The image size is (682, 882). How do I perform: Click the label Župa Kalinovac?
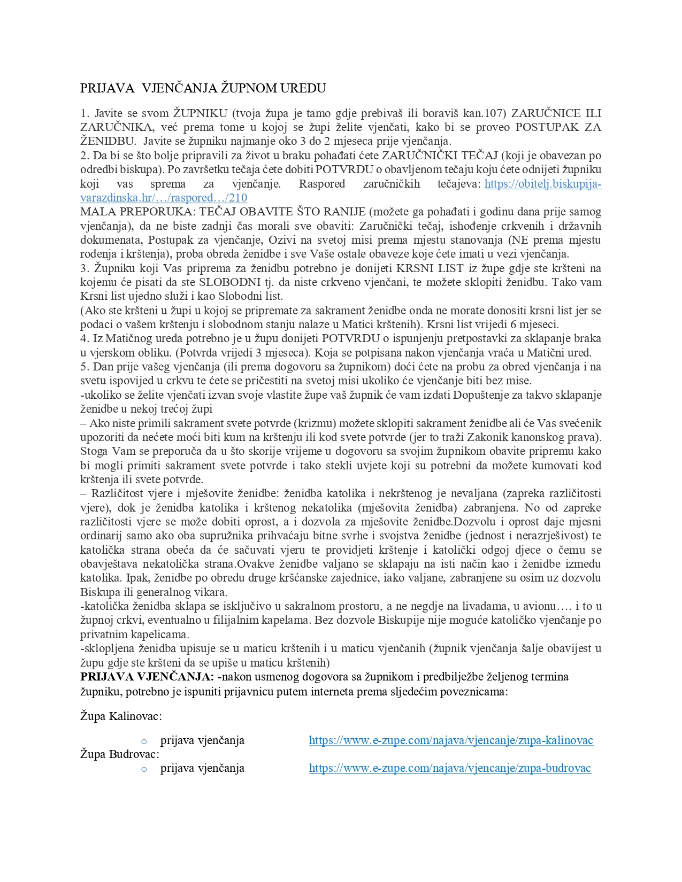(x=121, y=716)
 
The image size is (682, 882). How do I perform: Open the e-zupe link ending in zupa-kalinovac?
(x=451, y=740)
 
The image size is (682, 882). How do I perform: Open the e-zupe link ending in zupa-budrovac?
(x=450, y=769)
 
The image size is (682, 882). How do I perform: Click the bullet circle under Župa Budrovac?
(x=144, y=769)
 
